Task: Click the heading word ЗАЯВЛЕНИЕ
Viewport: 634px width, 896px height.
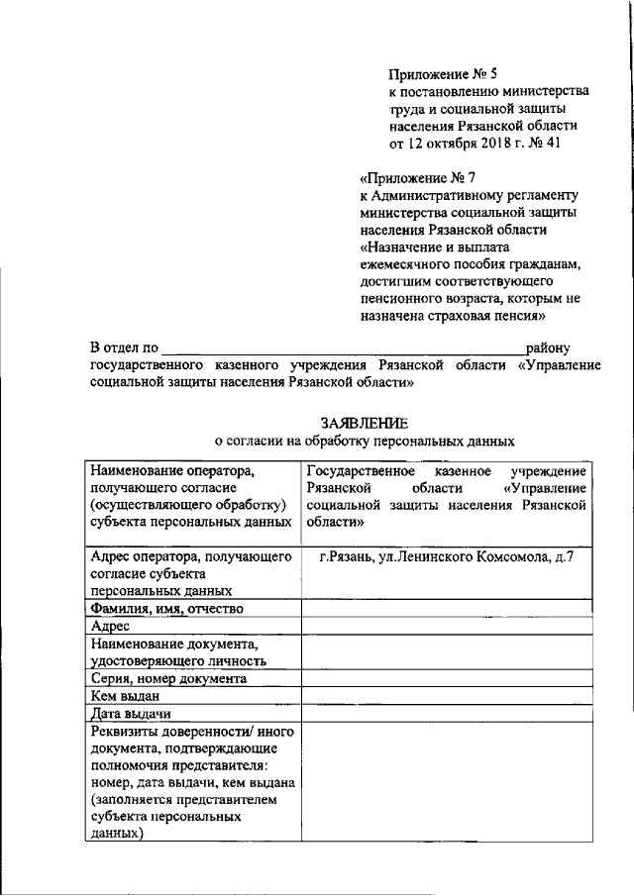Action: (x=363, y=424)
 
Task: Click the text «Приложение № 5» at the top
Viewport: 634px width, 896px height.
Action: (x=441, y=72)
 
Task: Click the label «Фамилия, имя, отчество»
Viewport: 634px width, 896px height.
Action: (x=165, y=608)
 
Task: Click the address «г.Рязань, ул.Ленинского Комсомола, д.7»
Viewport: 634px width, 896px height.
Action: (x=442, y=558)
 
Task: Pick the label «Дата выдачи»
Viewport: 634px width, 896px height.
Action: (x=130, y=713)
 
